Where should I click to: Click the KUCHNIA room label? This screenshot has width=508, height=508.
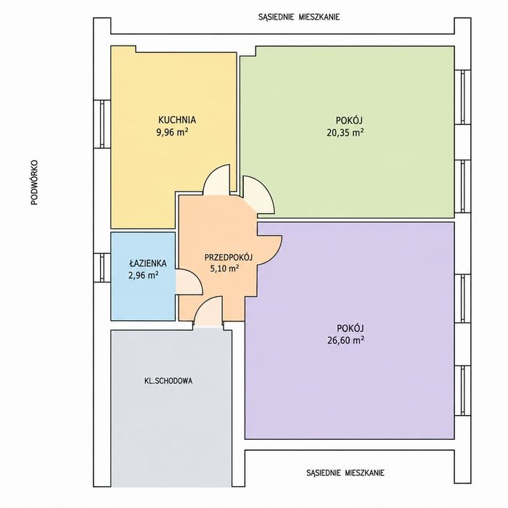(x=177, y=120)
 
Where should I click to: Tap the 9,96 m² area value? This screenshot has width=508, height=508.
(x=173, y=133)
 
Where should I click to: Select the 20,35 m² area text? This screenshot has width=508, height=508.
(x=345, y=133)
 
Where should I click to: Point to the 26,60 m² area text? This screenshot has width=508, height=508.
(x=345, y=340)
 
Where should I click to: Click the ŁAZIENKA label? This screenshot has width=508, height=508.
(x=148, y=263)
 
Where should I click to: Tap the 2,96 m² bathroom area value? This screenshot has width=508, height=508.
(x=144, y=276)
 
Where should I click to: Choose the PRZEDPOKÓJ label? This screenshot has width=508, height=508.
(x=229, y=258)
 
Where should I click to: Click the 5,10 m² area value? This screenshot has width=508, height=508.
(x=225, y=269)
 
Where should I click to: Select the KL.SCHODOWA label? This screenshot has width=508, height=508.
(x=168, y=381)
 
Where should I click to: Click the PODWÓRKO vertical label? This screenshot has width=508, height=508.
(x=34, y=183)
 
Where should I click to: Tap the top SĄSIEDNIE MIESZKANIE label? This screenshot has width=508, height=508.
(x=299, y=17)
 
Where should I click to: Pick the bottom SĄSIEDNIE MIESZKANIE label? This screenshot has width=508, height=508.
(x=345, y=472)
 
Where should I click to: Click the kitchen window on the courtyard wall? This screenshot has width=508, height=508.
(x=102, y=124)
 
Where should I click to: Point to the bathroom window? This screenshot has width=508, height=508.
(x=102, y=268)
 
